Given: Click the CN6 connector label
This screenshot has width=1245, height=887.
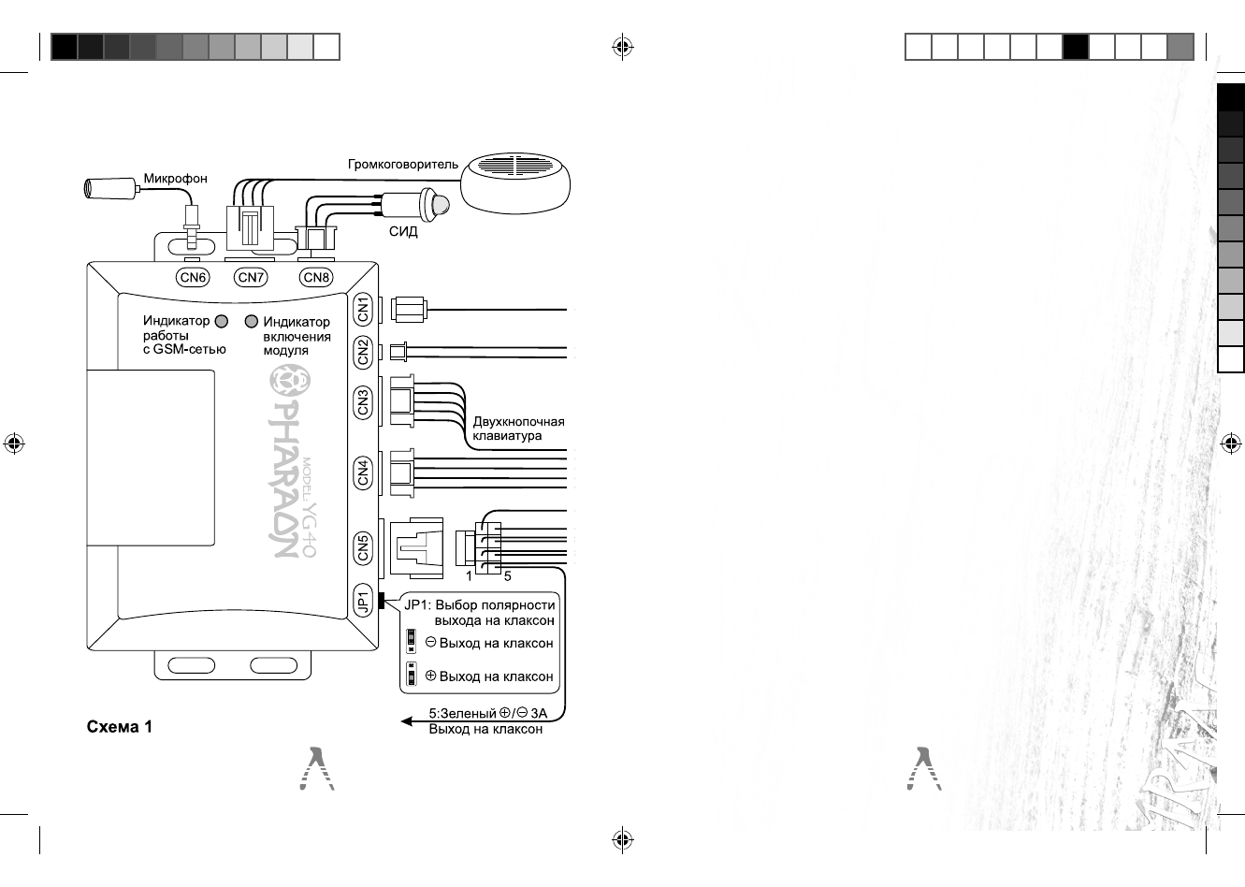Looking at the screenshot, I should (194, 277).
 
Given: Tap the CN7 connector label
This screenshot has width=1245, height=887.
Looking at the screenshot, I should (251, 277).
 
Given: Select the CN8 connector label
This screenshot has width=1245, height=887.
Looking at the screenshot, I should (316, 277).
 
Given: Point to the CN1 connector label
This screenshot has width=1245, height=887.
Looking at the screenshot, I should (364, 309).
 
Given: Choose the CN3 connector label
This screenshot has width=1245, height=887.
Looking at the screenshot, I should (364, 402).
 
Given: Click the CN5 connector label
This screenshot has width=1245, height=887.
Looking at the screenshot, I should (364, 547).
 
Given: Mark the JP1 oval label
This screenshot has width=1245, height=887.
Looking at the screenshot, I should (364, 600).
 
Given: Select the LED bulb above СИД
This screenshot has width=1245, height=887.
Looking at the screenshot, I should (436, 201).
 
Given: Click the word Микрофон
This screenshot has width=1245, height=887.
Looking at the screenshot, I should (175, 179).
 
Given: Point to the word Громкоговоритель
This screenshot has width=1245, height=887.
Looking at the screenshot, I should (403, 165).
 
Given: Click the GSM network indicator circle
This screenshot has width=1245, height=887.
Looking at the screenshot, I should (222, 322).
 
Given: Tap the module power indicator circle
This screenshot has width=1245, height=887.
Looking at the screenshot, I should (251, 322).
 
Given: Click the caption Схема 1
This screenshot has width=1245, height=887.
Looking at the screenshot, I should (119, 727).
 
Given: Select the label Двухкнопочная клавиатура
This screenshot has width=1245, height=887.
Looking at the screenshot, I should (517, 429).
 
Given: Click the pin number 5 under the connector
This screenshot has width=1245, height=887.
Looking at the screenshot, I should (507, 576).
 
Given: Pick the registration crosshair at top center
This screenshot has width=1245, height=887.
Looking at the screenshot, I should (622, 47).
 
